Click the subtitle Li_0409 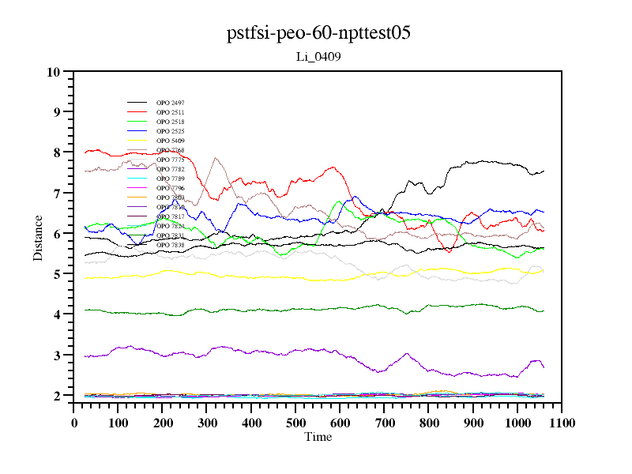(x=318, y=57)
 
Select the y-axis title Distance (x=38, y=237)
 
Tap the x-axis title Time (x=318, y=437)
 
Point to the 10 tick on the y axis (x=54, y=72)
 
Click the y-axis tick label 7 (x=57, y=194)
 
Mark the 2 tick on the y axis (x=57, y=396)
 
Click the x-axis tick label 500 (x=295, y=423)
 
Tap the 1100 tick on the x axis (x=561, y=423)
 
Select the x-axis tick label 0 (x=74, y=423)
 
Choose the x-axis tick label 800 (x=429, y=423)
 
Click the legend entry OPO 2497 (x=170, y=103)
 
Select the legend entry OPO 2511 (x=170, y=113)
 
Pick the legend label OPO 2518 (x=170, y=122)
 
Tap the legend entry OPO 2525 (x=170, y=131)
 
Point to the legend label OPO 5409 (x=170, y=141)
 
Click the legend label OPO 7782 (x=170, y=169)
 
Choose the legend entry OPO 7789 (x=170, y=179)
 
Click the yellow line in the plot (x=237, y=275)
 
